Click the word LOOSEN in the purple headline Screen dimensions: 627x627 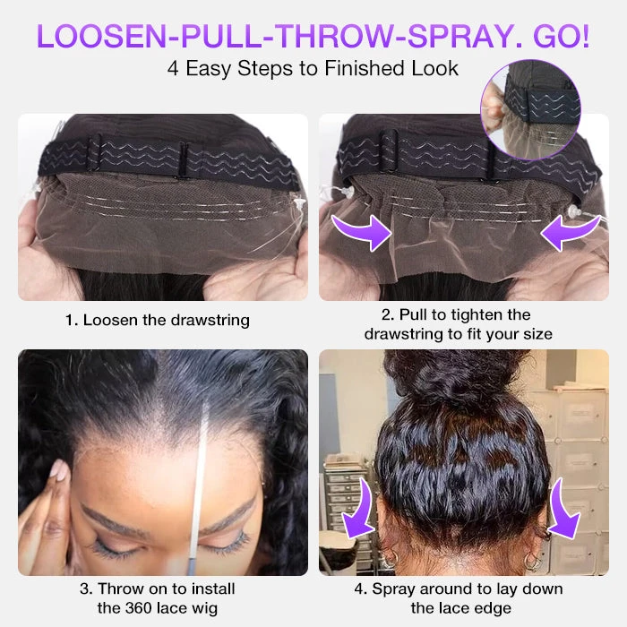[x=101, y=36]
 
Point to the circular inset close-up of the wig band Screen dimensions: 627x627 [x=530, y=110]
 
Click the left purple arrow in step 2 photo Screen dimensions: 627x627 [x=362, y=231]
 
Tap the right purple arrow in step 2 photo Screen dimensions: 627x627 [x=571, y=232]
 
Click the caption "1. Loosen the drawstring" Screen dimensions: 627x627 [x=158, y=321]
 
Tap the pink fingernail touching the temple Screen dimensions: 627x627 [x=59, y=469]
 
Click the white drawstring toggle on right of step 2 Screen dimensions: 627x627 [x=574, y=211]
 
